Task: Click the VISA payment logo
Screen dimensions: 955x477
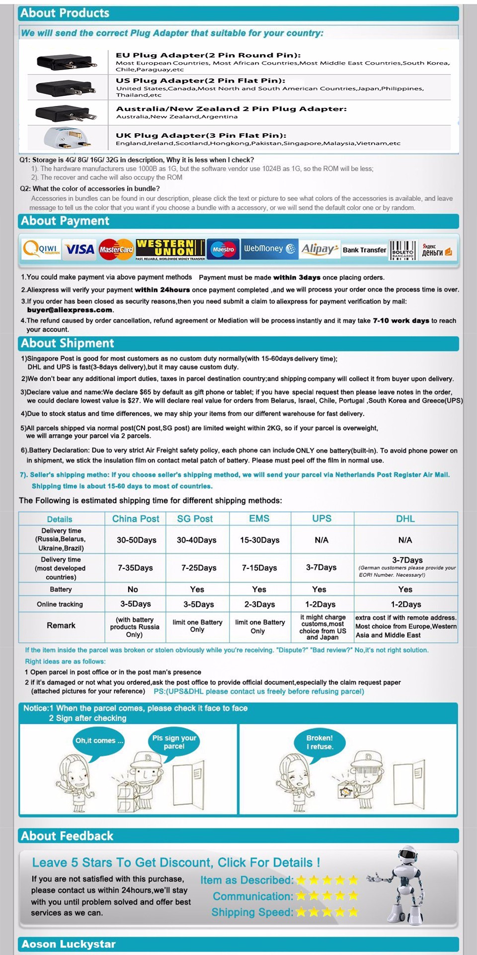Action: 79,249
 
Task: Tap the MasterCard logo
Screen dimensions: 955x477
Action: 116,249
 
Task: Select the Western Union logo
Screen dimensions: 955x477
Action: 170,249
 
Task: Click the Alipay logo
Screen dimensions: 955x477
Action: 319,249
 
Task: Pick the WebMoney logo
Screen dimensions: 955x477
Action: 269,249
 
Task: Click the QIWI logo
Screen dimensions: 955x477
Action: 41,249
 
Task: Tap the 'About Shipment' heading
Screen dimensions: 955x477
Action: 68,343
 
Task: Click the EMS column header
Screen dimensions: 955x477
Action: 259,518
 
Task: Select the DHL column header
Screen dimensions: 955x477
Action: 405,518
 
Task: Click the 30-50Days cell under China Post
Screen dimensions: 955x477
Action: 136,540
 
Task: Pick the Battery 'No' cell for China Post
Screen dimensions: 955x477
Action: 133,589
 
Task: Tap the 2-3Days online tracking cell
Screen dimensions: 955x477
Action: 259,604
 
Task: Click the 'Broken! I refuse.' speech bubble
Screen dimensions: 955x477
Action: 320,742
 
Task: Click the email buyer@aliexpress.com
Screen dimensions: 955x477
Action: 70,310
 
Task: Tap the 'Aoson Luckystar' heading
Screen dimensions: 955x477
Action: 69,944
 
